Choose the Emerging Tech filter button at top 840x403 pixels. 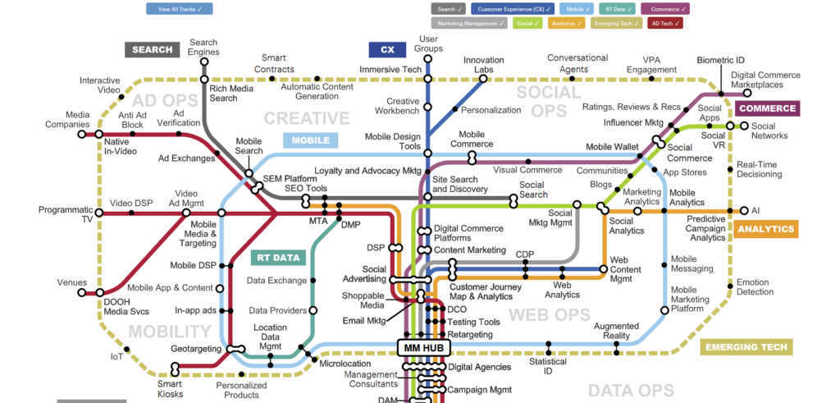tap(616, 24)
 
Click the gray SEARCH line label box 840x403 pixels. tap(152, 49)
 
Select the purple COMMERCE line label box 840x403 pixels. tap(767, 108)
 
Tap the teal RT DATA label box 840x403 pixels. tap(278, 258)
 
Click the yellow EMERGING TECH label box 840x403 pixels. tap(745, 347)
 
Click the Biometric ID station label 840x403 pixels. tap(720, 61)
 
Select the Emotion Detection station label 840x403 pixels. tap(755, 286)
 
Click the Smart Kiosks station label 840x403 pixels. tap(171, 388)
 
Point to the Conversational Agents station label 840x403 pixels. tap(578, 63)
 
